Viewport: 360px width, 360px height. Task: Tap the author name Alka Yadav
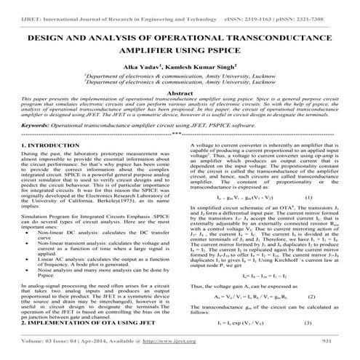click(x=147, y=66)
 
